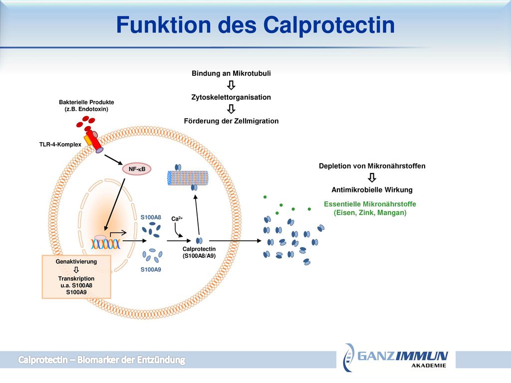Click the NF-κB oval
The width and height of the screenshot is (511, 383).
tap(137, 169)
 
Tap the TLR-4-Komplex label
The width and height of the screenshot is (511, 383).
tap(60, 144)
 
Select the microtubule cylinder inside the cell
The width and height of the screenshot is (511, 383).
tap(188, 178)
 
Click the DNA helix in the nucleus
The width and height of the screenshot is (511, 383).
tap(106, 243)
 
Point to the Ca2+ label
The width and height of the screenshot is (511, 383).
tap(177, 218)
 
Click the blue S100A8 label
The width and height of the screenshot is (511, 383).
tap(151, 217)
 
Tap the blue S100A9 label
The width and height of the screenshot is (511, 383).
tap(151, 269)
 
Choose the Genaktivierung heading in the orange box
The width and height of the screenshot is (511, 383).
tap(76, 261)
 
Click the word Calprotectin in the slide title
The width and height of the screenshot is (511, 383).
tap(329, 25)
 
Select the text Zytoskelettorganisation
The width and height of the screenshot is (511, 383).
tap(231, 97)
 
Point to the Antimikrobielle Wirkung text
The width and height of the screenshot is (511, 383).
tap(372, 190)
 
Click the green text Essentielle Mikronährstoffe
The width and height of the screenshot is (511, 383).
tap(370, 204)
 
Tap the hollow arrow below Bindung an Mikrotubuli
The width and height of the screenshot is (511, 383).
tap(231, 85)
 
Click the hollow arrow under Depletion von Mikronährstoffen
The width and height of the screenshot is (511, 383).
tap(372, 178)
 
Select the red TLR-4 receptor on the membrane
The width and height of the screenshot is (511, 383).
tap(95, 141)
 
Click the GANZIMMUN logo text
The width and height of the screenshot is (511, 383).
tap(403, 356)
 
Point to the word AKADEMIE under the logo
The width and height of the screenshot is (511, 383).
tap(429, 366)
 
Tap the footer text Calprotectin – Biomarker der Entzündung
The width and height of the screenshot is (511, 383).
tap(101, 360)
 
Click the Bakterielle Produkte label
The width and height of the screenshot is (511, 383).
tap(86, 102)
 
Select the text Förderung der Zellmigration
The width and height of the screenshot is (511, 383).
tap(231, 121)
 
